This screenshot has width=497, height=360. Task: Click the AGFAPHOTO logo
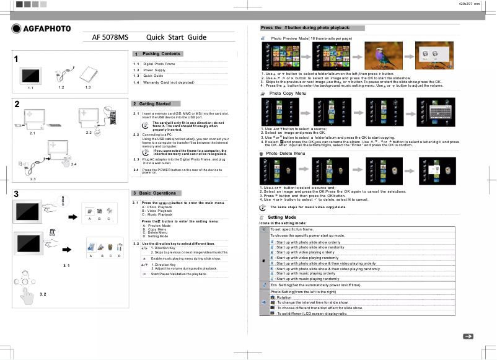click(x=41, y=29)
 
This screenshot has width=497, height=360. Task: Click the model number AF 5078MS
click(x=110, y=37)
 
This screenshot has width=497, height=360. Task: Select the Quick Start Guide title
click(x=176, y=37)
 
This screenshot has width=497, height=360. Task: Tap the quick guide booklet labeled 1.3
click(x=89, y=74)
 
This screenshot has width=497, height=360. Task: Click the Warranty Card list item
click(x=169, y=82)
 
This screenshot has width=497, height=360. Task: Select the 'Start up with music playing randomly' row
click(x=308, y=279)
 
